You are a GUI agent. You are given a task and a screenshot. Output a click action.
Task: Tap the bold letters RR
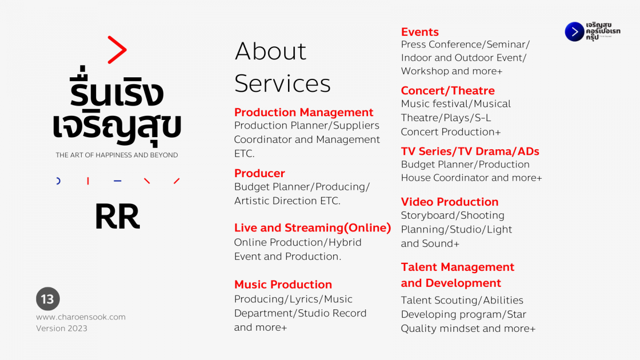click(x=117, y=217)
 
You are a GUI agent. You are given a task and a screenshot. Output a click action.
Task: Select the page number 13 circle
click(x=47, y=299)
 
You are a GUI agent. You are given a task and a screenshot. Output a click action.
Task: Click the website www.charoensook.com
click(x=81, y=317)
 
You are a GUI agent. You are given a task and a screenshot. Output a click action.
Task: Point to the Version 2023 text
click(x=61, y=329)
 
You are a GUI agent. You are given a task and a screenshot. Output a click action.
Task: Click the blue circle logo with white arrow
click(x=574, y=31)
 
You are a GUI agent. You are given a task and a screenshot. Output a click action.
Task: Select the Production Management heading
click(x=303, y=113)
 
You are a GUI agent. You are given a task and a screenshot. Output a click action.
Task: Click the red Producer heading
click(x=259, y=173)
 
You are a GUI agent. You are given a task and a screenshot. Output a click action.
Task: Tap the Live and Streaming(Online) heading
click(x=313, y=228)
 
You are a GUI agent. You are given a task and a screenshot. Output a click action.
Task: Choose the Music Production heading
click(x=283, y=285)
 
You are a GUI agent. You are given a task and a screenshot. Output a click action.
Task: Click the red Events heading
click(x=420, y=31)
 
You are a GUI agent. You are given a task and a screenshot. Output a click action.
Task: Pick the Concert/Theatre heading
click(x=447, y=91)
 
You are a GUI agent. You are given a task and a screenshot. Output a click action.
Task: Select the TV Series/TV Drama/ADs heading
click(x=470, y=151)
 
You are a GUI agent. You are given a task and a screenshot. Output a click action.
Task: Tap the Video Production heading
click(x=450, y=202)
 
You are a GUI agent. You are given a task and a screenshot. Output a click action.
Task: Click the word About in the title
click(x=270, y=51)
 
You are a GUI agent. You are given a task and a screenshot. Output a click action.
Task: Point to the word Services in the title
click(x=282, y=83)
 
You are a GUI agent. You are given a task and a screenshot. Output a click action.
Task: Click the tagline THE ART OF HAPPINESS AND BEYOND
click(x=117, y=155)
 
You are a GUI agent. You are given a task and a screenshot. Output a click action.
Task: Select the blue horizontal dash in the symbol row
click(x=117, y=181)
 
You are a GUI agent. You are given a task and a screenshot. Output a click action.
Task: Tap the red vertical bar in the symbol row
click(x=88, y=181)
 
